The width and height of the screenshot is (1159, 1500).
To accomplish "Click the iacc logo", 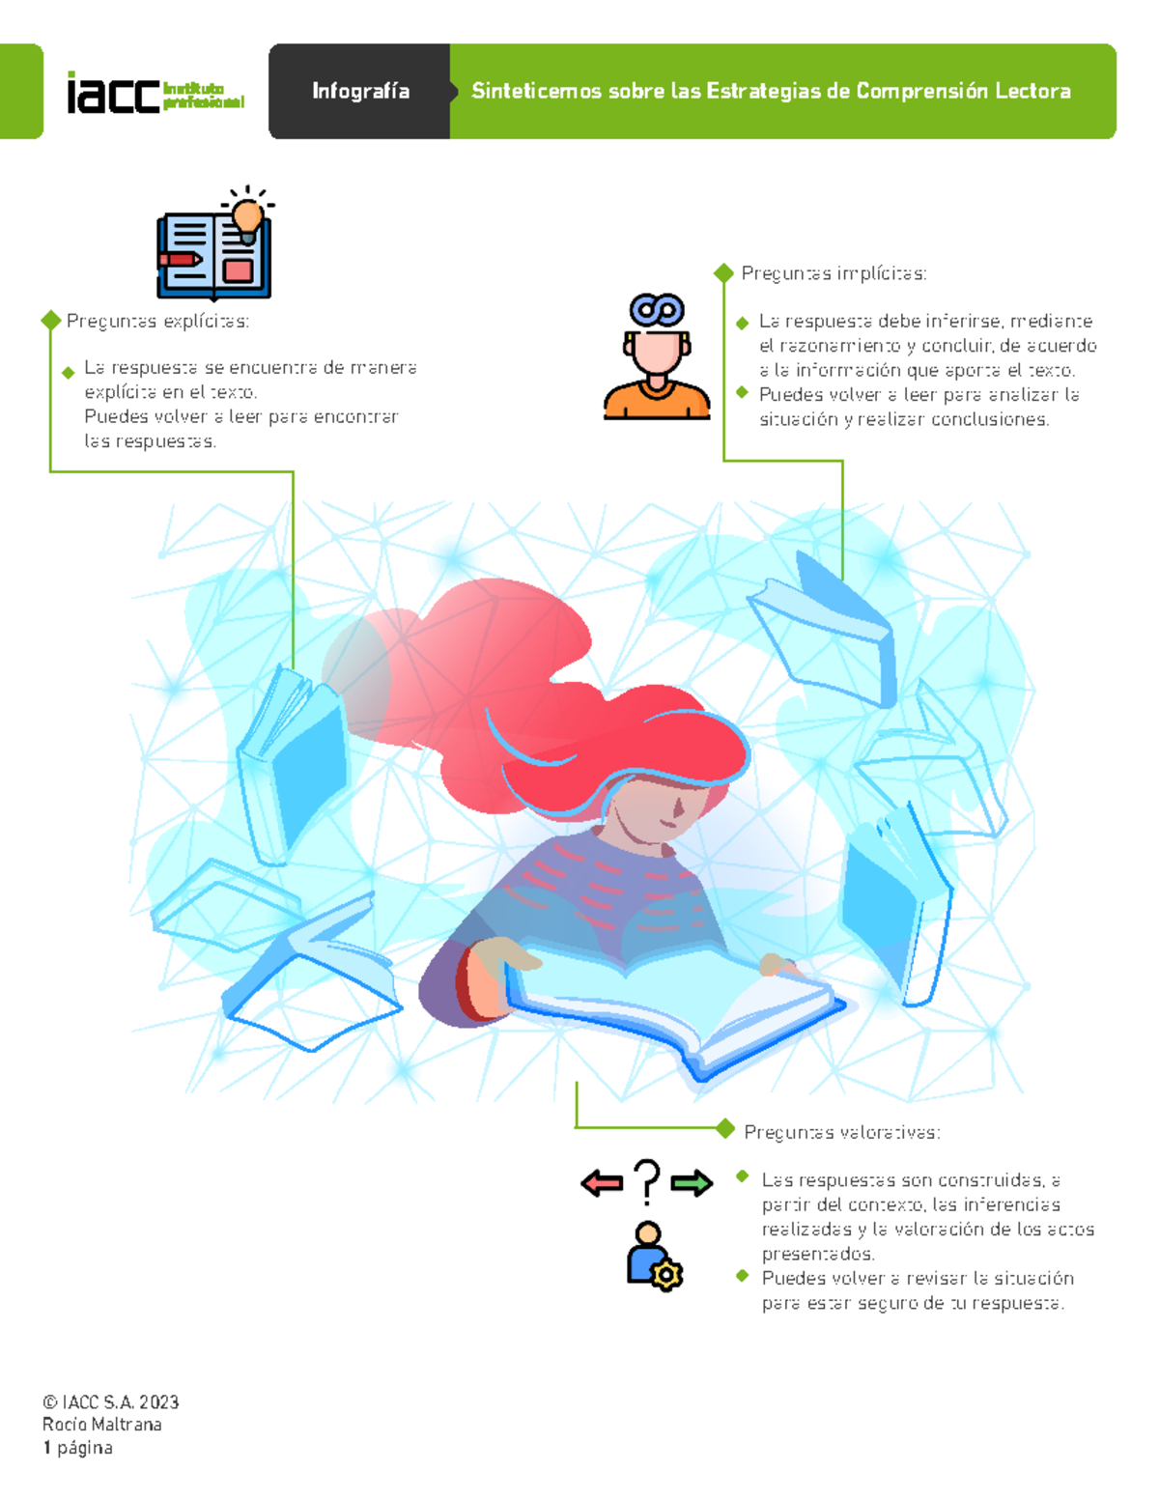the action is pos(155,93).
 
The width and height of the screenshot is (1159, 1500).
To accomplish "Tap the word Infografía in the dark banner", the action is pos(360,91).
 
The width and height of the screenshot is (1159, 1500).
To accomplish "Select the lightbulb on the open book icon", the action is pos(247,218).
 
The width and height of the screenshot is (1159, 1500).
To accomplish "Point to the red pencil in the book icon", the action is pos(179,260).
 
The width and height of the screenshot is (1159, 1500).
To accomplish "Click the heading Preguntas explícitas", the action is pos(157,321).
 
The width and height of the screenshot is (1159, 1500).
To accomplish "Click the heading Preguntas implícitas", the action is pos(834,273).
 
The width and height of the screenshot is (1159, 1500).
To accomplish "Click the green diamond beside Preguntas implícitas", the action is pos(723,273).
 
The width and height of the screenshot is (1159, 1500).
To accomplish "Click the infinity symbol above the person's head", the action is pos(657,309).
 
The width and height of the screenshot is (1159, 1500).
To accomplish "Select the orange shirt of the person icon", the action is pos(657,400).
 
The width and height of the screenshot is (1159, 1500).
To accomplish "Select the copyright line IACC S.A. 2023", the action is pos(110,1402).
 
